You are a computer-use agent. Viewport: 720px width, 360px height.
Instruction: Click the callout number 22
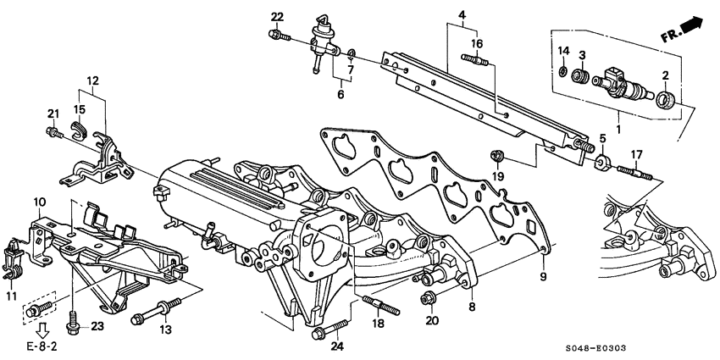pos(278,17)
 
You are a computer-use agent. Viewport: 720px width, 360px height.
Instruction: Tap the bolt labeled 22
pos(276,35)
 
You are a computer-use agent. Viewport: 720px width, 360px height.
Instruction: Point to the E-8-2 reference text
pos(37,346)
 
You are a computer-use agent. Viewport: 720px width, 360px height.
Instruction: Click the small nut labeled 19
pos(499,155)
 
